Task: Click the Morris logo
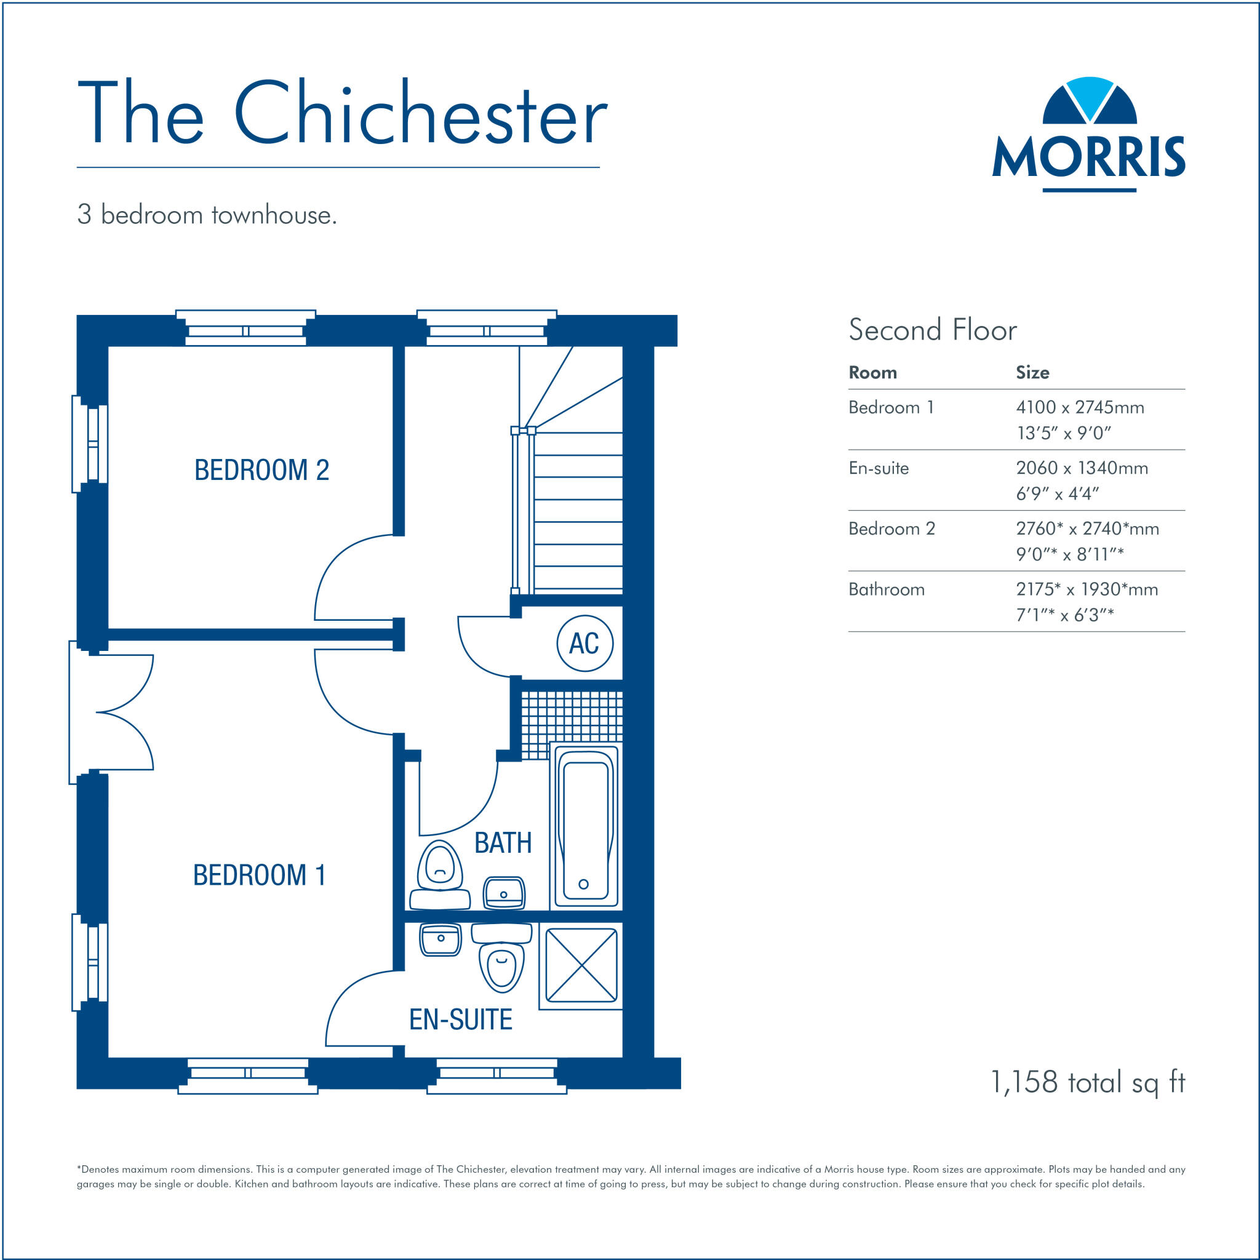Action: tap(1088, 135)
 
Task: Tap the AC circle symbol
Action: tap(584, 644)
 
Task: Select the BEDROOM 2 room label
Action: tap(261, 470)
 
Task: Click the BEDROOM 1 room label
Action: tap(259, 875)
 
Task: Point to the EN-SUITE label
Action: tap(460, 1019)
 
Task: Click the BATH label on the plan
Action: tap(502, 843)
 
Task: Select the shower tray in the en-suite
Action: tap(580, 965)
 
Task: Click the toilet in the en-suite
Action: tap(501, 957)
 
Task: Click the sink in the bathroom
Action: tap(503, 892)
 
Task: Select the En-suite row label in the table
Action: tap(878, 468)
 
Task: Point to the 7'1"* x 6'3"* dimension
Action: tap(1064, 615)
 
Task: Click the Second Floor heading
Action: tap(932, 330)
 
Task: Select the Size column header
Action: tap(1032, 372)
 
